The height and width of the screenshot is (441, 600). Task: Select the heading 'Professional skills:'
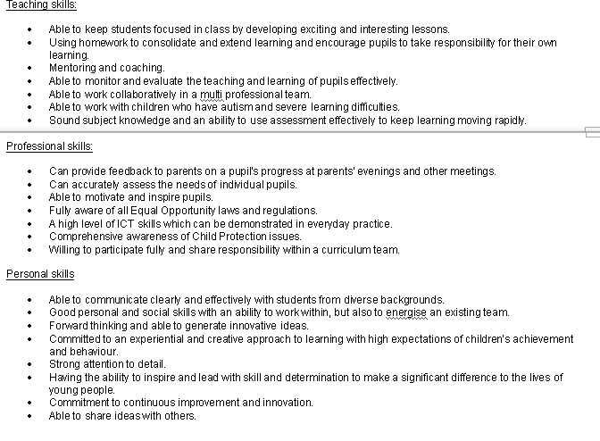(50, 146)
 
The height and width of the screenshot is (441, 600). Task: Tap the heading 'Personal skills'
(40, 274)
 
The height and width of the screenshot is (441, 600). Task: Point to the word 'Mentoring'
(71, 68)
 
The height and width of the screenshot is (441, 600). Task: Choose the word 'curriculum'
(346, 250)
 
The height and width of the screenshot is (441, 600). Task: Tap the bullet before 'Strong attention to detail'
(30, 364)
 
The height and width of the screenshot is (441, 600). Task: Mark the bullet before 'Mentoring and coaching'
(30, 68)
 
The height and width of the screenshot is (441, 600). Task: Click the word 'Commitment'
(77, 403)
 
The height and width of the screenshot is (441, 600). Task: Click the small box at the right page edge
(592, 133)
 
